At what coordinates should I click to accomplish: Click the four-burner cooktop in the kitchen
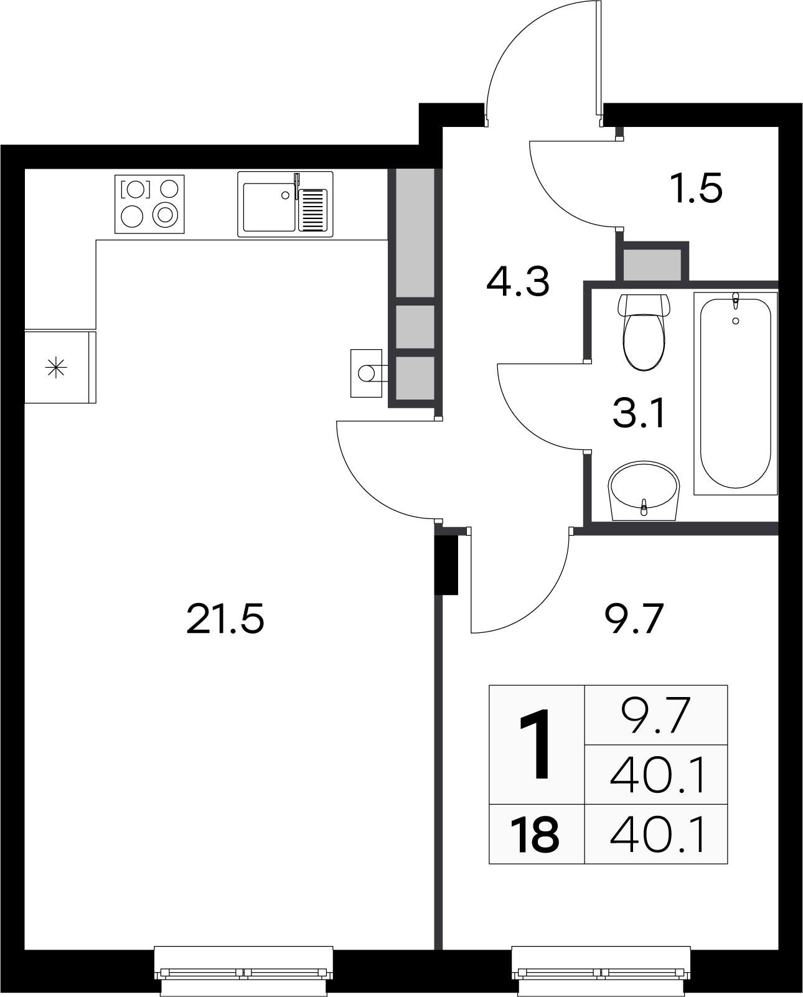tap(149, 204)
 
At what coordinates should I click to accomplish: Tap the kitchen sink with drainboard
tap(285, 204)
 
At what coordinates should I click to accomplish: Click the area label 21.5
tap(225, 620)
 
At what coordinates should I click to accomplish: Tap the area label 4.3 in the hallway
tap(517, 281)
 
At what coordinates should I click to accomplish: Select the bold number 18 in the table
tap(535, 835)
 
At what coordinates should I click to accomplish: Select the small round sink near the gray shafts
tap(367, 373)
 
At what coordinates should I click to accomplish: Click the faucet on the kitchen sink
tap(297, 184)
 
